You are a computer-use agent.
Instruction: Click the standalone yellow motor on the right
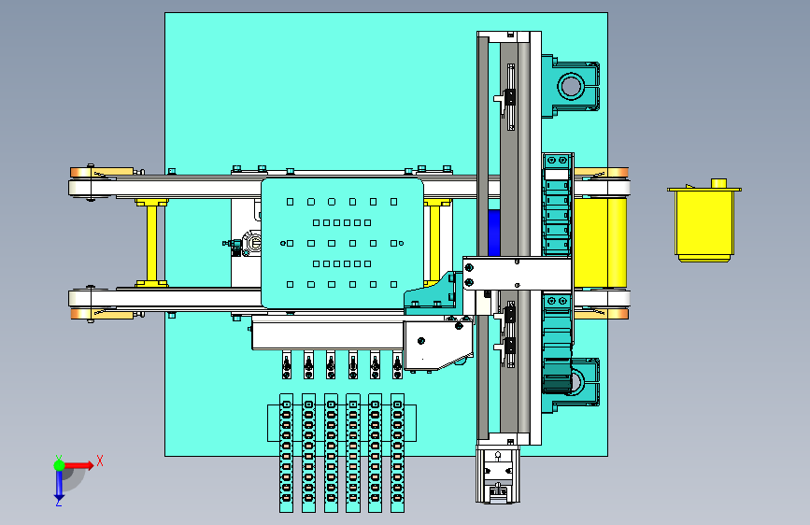pos(704,222)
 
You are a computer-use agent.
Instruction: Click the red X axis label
pos(100,461)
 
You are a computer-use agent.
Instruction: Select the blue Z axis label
pos(59,502)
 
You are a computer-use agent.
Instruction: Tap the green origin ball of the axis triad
pos(60,465)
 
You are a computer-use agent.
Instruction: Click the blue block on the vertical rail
pos(494,233)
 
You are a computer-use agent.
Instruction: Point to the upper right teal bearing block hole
pos(571,85)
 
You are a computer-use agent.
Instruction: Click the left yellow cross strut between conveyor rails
pos(151,242)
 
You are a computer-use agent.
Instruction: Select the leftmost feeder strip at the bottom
pos(286,453)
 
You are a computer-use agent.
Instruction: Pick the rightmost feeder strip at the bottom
pos(397,453)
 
